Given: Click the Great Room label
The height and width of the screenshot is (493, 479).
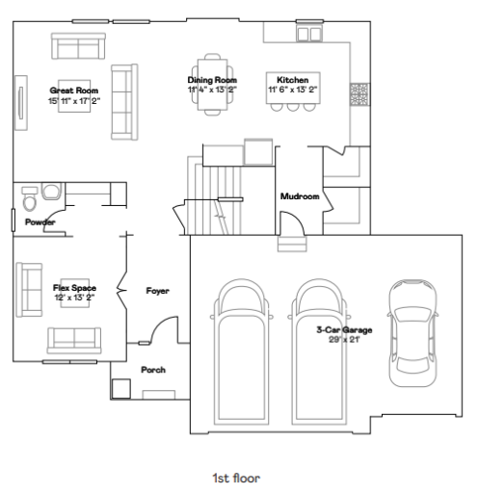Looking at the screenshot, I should tap(74, 90).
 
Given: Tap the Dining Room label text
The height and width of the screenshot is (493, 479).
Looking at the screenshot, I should tap(211, 80).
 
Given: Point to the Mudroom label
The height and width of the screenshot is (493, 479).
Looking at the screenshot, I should tap(299, 196).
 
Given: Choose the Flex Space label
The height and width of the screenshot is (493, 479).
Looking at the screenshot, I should tap(74, 288).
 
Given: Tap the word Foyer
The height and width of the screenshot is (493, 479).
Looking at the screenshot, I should tap(158, 290).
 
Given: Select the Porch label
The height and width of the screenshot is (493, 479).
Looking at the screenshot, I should tap(154, 370).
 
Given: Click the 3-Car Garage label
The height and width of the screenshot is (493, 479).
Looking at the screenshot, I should tap(344, 330).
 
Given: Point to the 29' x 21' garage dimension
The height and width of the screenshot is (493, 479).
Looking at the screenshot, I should tap(344, 340).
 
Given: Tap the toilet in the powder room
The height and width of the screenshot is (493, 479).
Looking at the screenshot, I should tap(30, 201).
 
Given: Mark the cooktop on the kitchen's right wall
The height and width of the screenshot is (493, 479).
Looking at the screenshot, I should tap(359, 93).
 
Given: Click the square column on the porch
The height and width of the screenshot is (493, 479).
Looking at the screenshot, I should tap(120, 387).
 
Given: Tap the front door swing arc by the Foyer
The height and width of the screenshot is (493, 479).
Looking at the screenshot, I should tap(167, 330).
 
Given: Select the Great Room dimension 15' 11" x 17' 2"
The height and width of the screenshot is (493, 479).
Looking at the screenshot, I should tap(74, 99).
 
